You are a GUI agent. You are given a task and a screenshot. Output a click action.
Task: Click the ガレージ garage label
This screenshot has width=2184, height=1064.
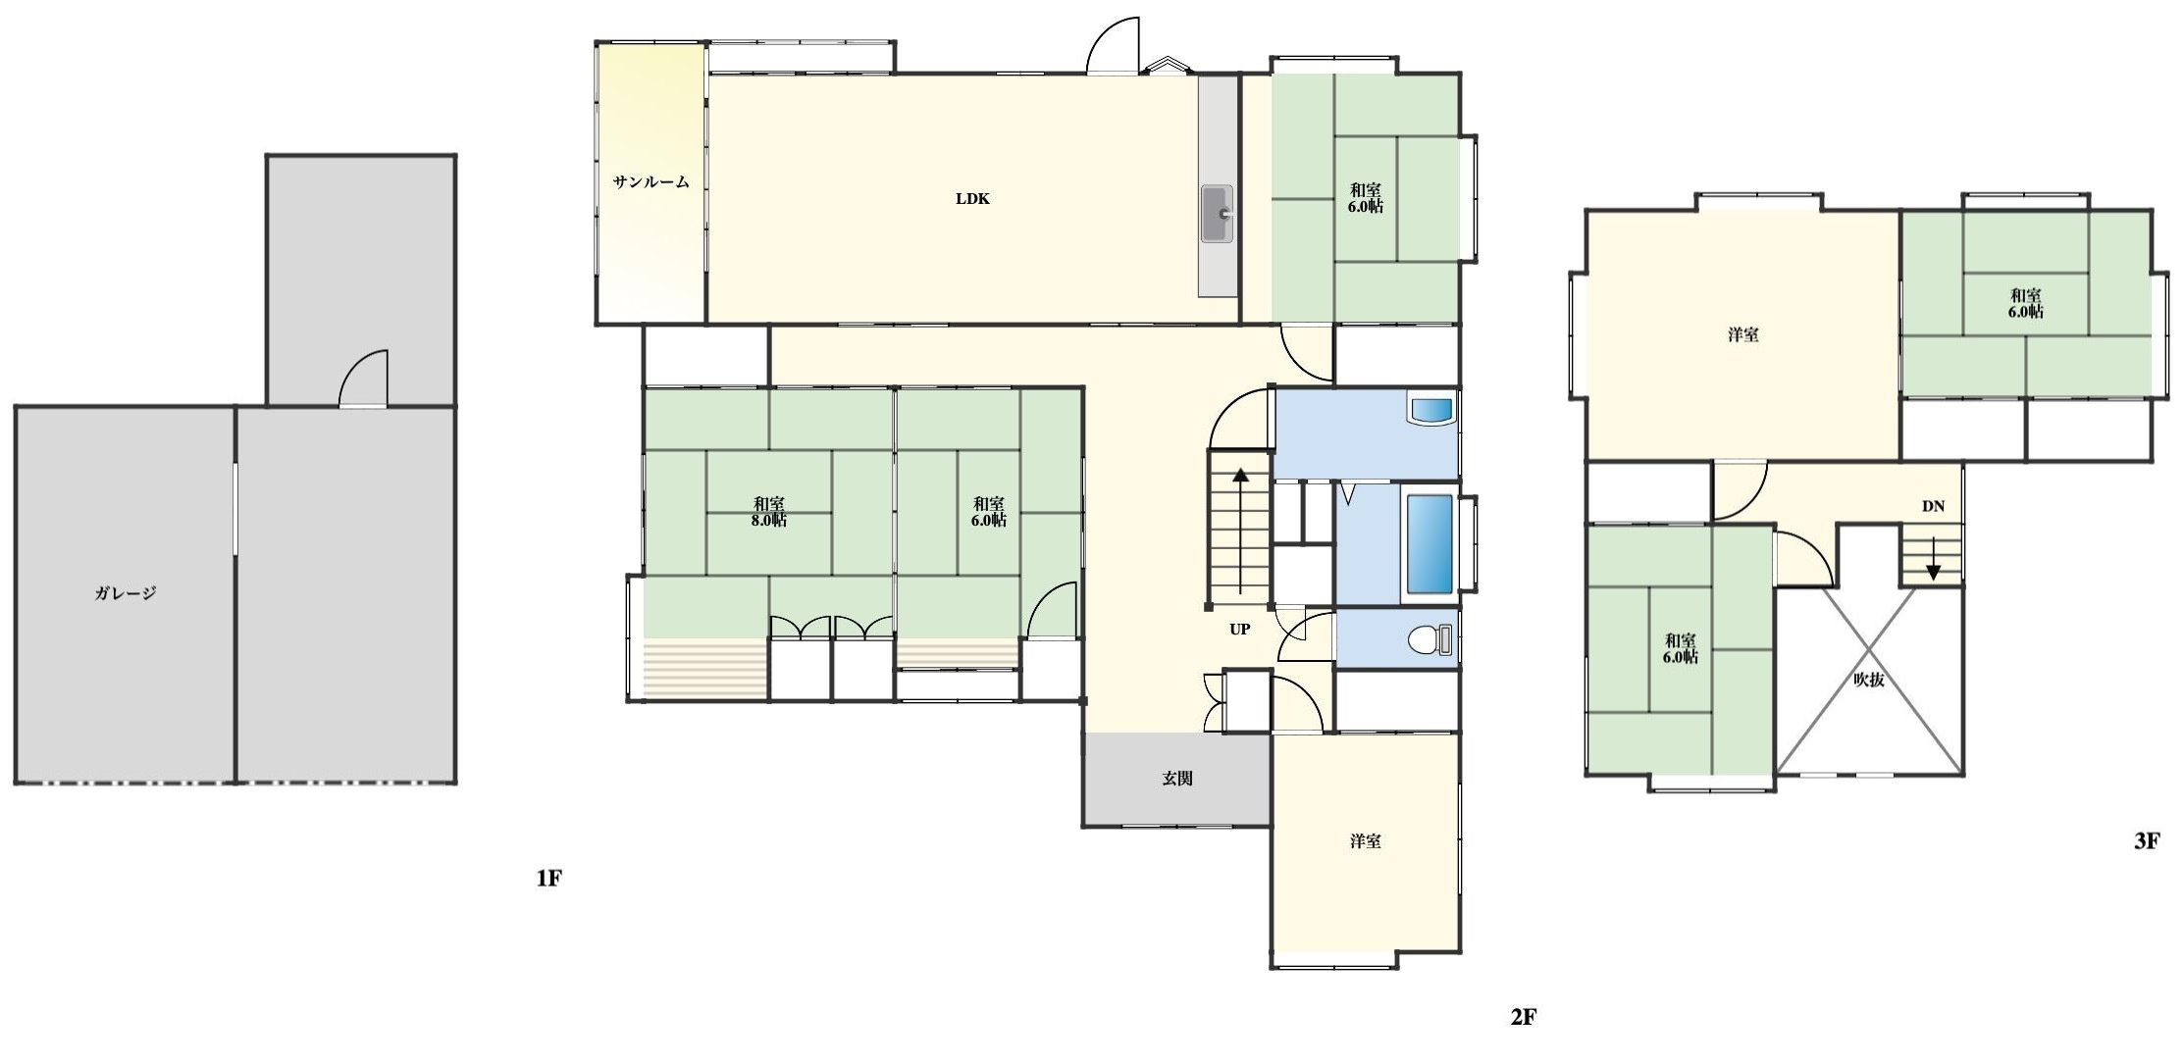126,593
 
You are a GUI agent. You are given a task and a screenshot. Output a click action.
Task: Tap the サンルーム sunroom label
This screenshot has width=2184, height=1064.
651,181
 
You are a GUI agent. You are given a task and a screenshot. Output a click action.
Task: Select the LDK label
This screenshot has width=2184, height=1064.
973,199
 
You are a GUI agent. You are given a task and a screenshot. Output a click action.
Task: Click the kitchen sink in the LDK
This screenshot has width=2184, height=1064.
1218,214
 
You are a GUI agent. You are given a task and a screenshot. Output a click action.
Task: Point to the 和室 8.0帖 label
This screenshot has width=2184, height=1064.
769,512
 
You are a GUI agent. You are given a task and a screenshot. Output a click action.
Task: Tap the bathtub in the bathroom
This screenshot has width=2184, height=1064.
1430,545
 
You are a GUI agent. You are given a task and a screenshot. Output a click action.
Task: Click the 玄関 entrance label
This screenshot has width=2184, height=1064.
1177,779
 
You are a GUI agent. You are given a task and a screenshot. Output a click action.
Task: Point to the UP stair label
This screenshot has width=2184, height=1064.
1240,630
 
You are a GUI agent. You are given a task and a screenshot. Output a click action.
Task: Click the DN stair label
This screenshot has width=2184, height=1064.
1933,507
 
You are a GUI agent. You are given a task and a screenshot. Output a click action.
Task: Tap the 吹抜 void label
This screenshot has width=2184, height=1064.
1869,679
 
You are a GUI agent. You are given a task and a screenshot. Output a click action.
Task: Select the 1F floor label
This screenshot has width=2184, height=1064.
548,878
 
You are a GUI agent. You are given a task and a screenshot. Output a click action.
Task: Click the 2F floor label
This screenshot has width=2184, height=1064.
1523,1018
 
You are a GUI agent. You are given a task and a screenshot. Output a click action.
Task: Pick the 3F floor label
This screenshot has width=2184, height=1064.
2147,840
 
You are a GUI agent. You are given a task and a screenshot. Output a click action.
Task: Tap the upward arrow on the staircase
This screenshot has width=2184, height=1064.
1241,532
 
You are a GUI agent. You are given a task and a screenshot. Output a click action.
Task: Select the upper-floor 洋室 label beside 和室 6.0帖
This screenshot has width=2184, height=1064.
1742,335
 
